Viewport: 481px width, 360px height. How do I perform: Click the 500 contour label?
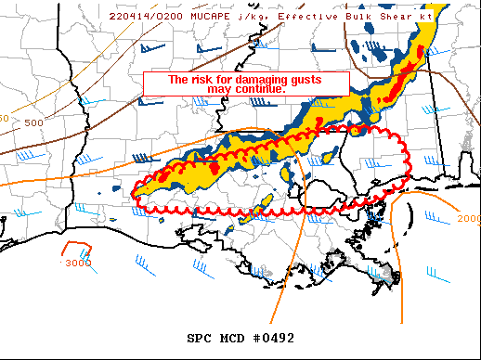(x=34, y=122)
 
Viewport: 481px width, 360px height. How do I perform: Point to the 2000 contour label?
(x=469, y=219)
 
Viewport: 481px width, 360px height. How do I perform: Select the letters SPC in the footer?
(x=202, y=338)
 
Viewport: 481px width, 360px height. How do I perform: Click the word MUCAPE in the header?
(x=211, y=16)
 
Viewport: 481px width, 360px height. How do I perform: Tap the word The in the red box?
(x=176, y=80)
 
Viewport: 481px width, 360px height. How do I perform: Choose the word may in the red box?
(x=229, y=89)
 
